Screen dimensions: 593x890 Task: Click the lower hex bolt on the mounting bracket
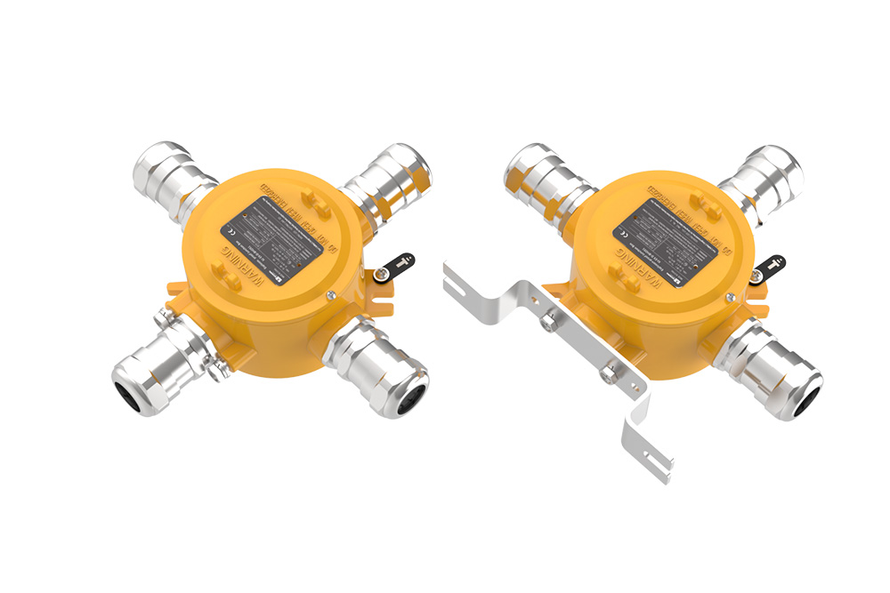click(x=608, y=376)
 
